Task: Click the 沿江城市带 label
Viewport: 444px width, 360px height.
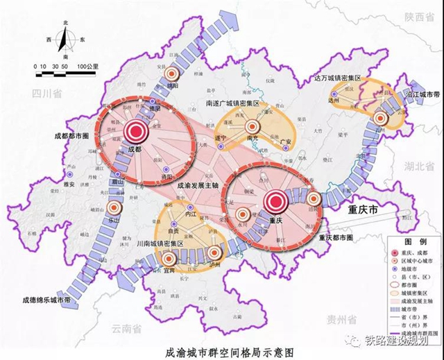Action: [x=422, y=93]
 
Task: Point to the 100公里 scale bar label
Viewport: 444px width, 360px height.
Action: [x=86, y=65]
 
